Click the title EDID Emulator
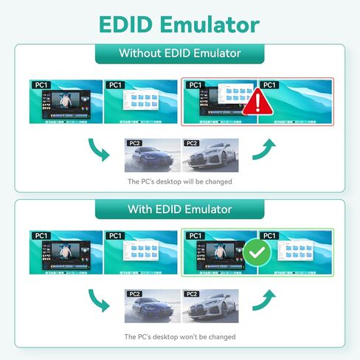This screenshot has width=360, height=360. click(x=179, y=24)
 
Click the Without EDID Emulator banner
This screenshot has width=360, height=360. click(x=179, y=54)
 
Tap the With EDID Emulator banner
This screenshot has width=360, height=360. click(x=179, y=209)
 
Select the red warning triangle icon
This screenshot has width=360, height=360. click(x=256, y=102)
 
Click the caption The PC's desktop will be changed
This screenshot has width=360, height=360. click(x=179, y=181)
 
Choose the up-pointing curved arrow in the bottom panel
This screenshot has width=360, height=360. click(x=263, y=299)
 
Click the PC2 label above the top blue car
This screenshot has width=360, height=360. click(x=134, y=143)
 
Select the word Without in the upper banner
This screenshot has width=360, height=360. click(x=142, y=54)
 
